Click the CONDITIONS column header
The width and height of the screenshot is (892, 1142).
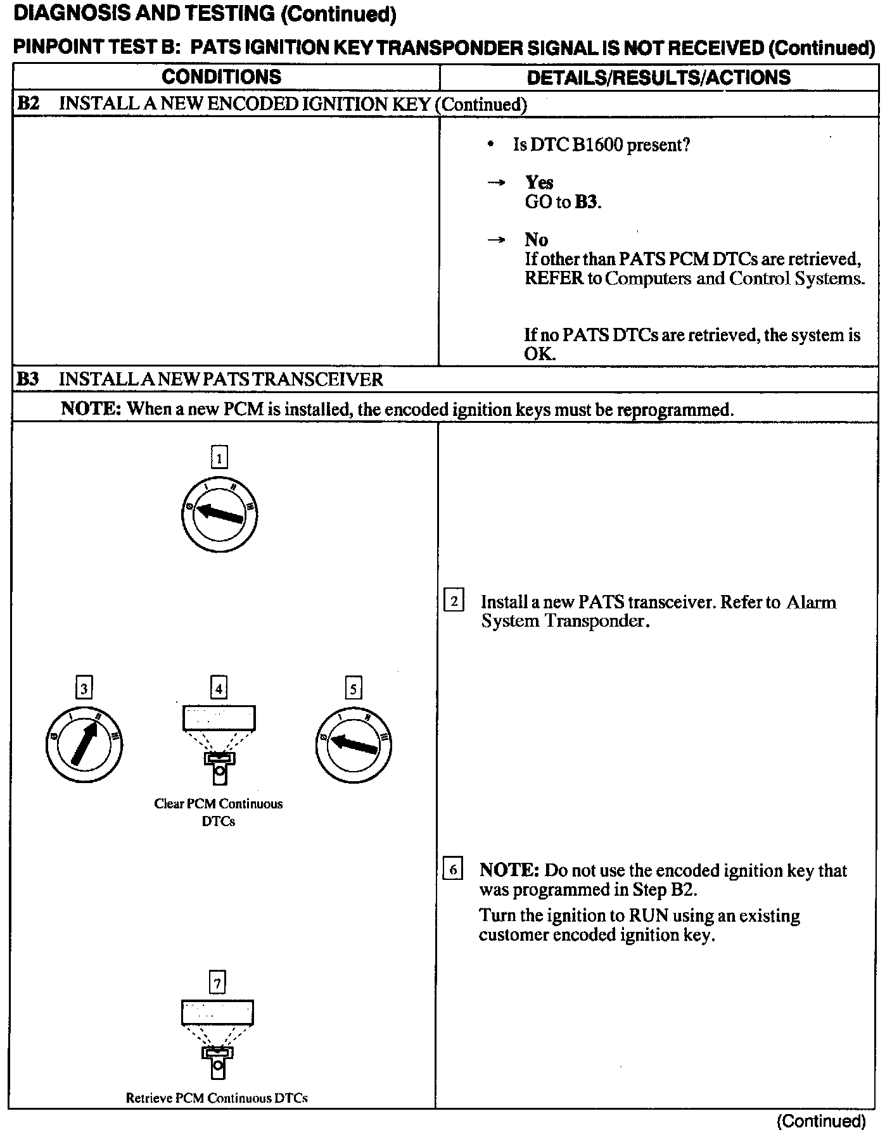tap(221, 77)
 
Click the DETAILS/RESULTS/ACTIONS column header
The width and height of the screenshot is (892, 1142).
tap(658, 78)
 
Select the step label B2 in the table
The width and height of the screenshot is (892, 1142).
tap(29, 104)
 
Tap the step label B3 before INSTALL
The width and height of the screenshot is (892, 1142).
tap(28, 379)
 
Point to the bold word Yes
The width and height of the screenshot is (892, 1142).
tap(539, 183)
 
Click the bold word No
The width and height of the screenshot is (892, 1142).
tap(536, 240)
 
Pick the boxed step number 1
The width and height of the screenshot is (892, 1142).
tap(219, 457)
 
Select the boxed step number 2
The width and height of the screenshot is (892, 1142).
tap(454, 600)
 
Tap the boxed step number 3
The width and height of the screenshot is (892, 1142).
tap(84, 687)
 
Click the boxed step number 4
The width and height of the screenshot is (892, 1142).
tap(219, 687)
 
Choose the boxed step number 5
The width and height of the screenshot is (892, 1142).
tap(353, 687)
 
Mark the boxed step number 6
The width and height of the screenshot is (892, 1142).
tap(453, 869)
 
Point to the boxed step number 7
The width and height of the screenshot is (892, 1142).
tap(217, 982)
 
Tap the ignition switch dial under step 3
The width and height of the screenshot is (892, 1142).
tap(84, 744)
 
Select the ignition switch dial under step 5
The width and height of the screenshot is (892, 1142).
tap(353, 744)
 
